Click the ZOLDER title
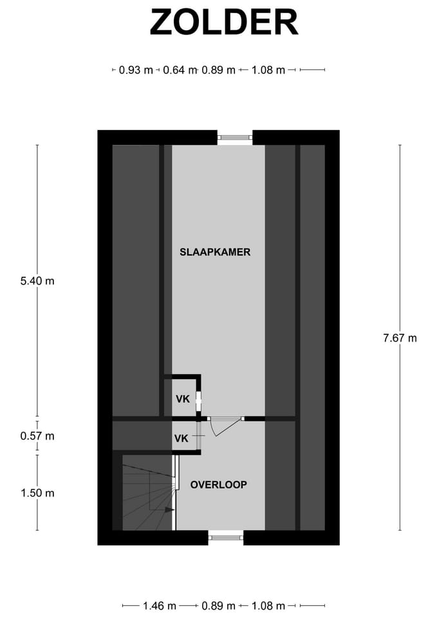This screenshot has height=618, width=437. click(x=223, y=23)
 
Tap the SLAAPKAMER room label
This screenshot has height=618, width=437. click(x=215, y=252)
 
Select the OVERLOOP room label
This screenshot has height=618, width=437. click(x=219, y=485)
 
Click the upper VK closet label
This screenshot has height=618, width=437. click(x=183, y=399)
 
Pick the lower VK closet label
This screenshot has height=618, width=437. click(x=181, y=438)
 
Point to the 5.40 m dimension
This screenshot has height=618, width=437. click(x=37, y=281)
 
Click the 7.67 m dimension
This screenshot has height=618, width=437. click(x=400, y=338)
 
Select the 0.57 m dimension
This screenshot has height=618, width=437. click(x=37, y=436)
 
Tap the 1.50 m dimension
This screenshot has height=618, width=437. click(x=37, y=493)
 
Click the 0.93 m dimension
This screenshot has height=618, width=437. click(x=136, y=70)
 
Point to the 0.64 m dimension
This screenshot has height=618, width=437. click(x=180, y=70)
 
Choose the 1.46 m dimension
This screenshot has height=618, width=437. click(x=159, y=606)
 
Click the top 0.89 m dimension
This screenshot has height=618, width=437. click(x=218, y=70)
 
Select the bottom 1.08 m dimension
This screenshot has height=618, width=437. click(x=268, y=606)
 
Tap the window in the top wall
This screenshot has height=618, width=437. click(x=235, y=138)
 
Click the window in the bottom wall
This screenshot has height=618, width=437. click(x=226, y=537)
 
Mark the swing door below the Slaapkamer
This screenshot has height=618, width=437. click(x=225, y=426)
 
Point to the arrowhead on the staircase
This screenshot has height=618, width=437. click(x=169, y=510)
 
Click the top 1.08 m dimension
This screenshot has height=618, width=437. click(x=268, y=70)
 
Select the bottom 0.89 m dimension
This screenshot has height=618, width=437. click(x=218, y=606)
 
